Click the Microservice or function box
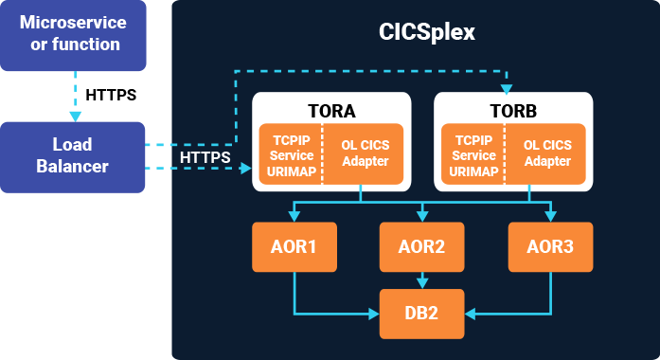coord(72,34)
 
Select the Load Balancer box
coord(72,156)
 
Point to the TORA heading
coord(330,110)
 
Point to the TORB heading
coord(512,110)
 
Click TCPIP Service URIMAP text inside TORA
coord(290,155)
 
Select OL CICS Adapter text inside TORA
coord(364,153)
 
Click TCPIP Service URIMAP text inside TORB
coord(473,155)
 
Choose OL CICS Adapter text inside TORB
coord(547,153)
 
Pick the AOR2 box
coord(421,247)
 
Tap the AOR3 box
coord(550,247)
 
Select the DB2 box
coord(421,313)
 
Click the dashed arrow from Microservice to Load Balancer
coord(72,96)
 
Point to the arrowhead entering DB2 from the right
coord(470,313)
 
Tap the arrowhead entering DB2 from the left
coord(373,313)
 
